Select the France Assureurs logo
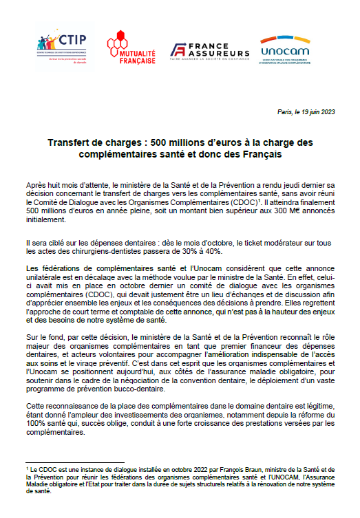pyautogui.click(x=211, y=50)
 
